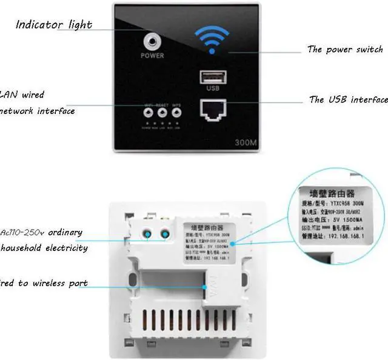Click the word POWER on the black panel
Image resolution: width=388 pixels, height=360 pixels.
click(152, 56)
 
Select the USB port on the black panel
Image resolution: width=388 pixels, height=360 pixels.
click(212, 77)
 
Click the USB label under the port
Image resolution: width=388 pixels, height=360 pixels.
click(212, 88)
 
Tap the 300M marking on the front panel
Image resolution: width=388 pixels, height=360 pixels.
click(246, 143)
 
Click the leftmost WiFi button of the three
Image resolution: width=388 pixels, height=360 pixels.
click(149, 112)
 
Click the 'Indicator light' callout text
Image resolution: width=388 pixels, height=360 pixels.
click(53, 25)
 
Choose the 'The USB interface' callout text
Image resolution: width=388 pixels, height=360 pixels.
click(348, 99)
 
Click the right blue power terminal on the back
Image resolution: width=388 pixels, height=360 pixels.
click(164, 233)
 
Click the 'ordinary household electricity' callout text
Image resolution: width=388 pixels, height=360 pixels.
click(44, 240)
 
